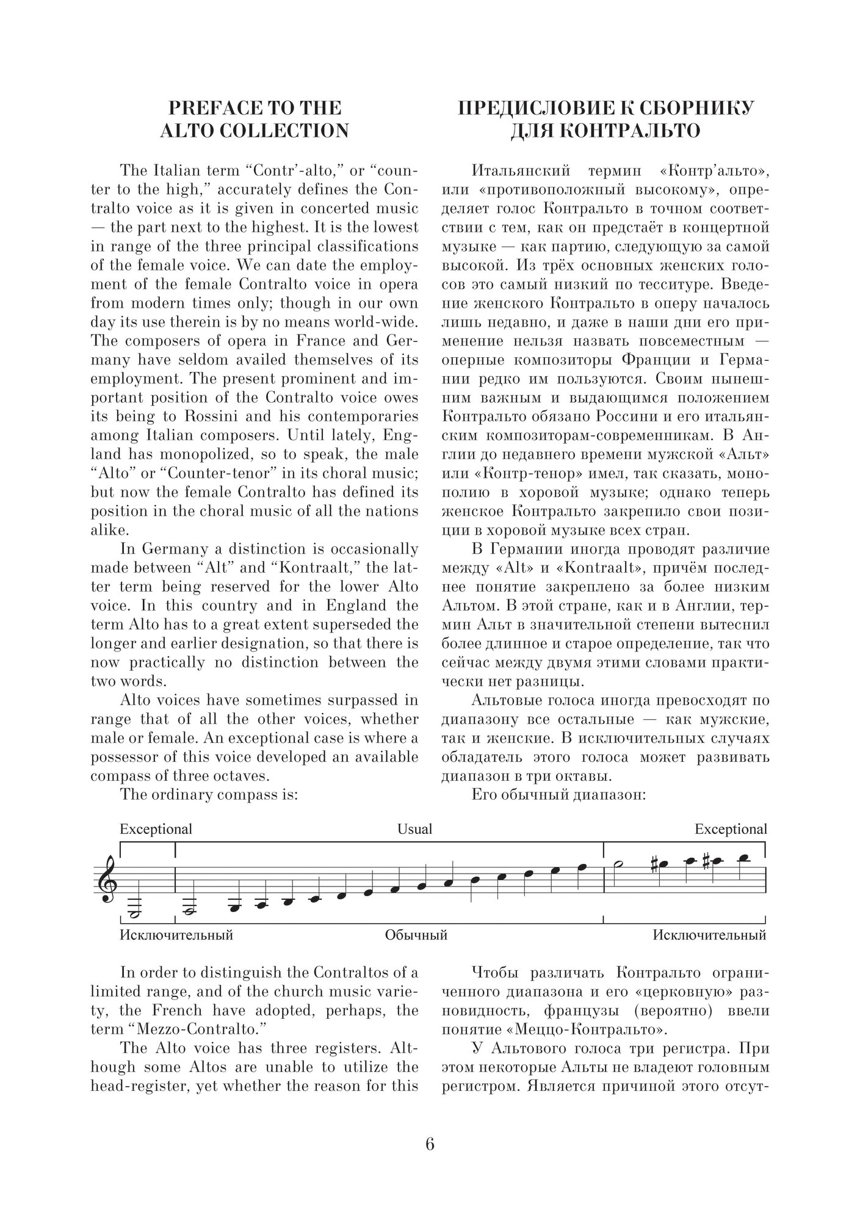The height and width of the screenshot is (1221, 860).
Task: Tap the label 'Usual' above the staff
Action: click(x=414, y=829)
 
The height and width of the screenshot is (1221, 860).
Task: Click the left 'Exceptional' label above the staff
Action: click(x=156, y=829)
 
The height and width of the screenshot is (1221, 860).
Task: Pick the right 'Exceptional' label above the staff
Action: click(x=731, y=829)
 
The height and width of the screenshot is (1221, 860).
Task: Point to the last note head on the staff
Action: click(x=743, y=858)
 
